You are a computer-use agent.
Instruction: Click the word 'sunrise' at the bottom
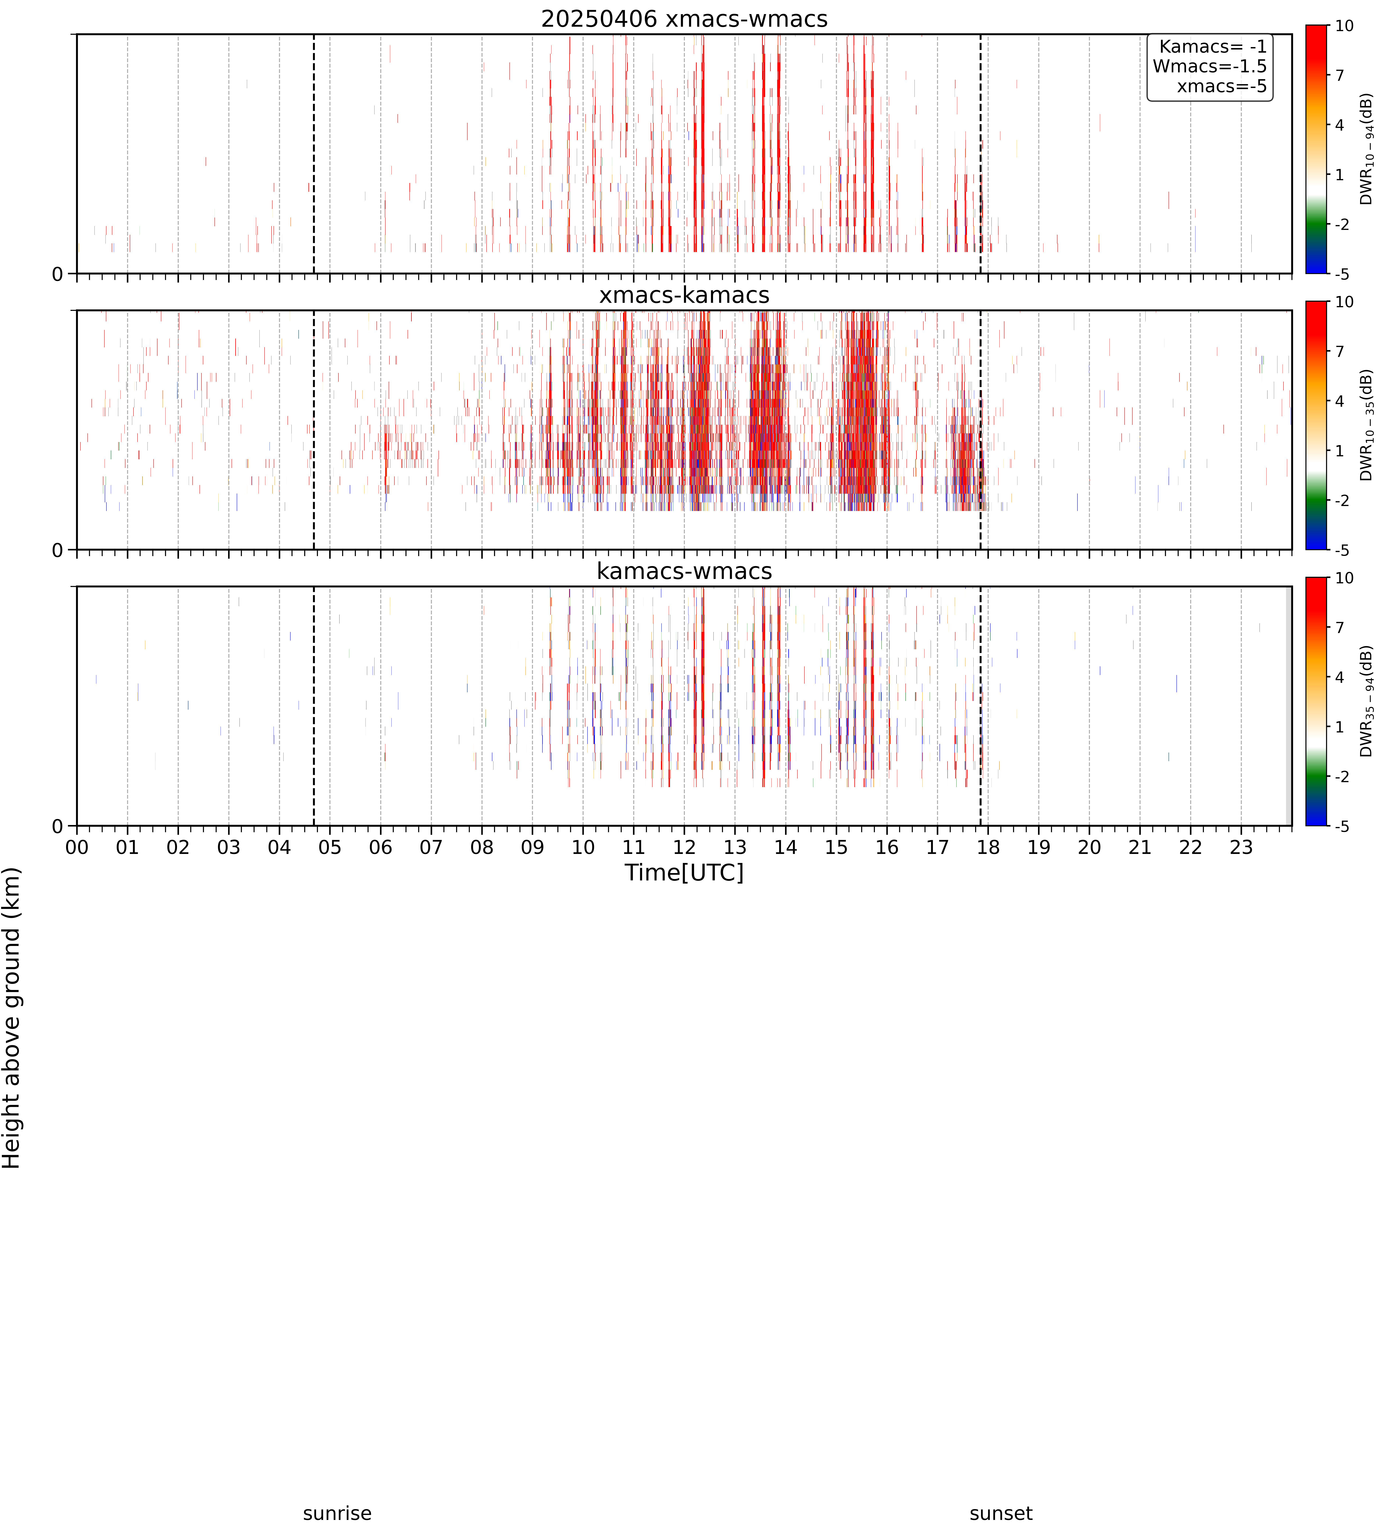coord(337,1513)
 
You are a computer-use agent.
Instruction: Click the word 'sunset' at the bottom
coord(1001,1513)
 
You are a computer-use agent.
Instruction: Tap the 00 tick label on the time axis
coord(77,847)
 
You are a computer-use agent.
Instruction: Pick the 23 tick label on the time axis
coord(1241,847)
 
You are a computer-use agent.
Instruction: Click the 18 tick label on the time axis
coord(988,847)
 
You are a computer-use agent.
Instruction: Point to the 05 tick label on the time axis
coord(330,847)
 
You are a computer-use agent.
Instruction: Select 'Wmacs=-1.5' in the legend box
coord(1210,66)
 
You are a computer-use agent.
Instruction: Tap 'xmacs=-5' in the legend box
coord(1222,86)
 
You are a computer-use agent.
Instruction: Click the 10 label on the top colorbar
coord(1344,26)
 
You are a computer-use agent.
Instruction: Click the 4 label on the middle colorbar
coord(1340,401)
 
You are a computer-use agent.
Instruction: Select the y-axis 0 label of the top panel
coord(58,274)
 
